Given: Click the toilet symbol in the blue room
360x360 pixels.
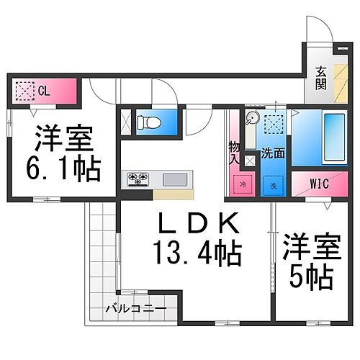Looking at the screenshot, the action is click(x=149, y=122).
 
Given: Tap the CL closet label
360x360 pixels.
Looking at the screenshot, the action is click(x=44, y=91).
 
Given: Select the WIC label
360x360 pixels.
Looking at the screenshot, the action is click(x=319, y=184).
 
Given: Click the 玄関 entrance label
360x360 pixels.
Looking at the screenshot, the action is click(x=321, y=78).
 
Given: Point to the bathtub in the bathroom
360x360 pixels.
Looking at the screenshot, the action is click(x=335, y=138).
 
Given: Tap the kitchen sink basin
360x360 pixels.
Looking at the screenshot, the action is click(x=175, y=179).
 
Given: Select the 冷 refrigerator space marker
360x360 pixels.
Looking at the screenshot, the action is click(x=243, y=184).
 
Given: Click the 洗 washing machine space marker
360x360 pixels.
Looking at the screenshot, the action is click(x=274, y=186).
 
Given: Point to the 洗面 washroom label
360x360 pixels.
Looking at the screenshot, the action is click(x=273, y=153).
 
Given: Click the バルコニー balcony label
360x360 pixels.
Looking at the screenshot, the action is click(x=136, y=308).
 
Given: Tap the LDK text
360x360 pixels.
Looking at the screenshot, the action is click(x=199, y=223).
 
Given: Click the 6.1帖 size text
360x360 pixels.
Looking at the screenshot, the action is click(x=63, y=169).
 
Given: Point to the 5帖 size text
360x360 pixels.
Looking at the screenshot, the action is click(x=311, y=277).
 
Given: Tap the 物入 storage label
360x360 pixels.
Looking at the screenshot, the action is click(x=234, y=153).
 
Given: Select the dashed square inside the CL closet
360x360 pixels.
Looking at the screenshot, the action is click(x=25, y=91).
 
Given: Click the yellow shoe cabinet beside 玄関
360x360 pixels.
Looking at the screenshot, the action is click(x=341, y=84).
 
